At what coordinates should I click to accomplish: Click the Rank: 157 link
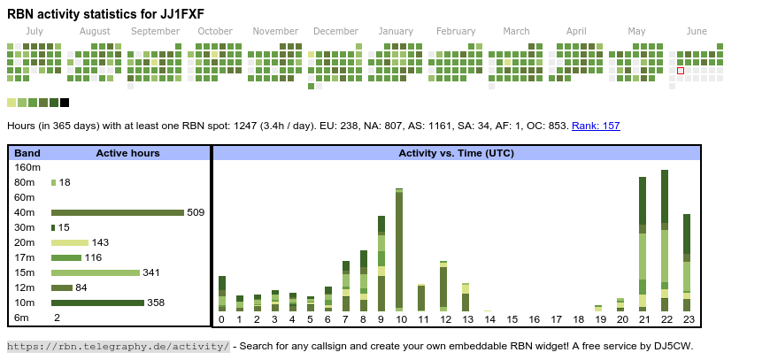[x=596, y=126]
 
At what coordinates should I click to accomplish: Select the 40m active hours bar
[x=118, y=212]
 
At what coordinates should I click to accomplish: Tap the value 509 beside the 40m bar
[x=196, y=212]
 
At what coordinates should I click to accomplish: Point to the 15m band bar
[x=96, y=272]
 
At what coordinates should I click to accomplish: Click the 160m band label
[x=27, y=167]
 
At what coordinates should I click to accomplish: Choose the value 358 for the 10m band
[x=156, y=303]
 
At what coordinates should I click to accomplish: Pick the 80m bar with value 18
[x=53, y=182]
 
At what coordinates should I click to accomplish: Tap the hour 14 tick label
[x=489, y=319]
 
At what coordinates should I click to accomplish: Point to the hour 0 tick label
[x=221, y=319]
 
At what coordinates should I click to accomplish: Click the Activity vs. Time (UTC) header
[x=456, y=153]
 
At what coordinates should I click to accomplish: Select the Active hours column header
[x=127, y=153]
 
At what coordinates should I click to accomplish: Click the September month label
[x=155, y=31]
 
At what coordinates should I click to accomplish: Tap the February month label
[x=456, y=31]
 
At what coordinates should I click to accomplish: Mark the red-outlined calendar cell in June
[x=681, y=71]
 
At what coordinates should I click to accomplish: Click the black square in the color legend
[x=65, y=103]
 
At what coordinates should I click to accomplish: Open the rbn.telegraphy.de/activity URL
[x=119, y=346]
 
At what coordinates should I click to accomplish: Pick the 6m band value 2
[x=57, y=318]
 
